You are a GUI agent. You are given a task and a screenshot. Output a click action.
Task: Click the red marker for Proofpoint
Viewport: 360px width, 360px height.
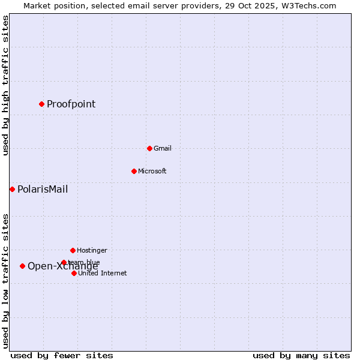[x=41, y=104]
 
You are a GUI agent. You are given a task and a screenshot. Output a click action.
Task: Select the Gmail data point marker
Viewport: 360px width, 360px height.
[x=149, y=148]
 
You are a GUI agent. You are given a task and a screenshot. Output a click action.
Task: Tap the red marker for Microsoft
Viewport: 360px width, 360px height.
[x=134, y=171]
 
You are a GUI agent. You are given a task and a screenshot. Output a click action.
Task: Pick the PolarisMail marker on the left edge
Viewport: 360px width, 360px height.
[x=12, y=189]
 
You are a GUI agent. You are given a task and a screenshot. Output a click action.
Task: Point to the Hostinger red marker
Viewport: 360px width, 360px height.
[x=73, y=250]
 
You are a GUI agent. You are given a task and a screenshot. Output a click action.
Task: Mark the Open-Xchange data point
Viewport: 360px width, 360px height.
[x=22, y=266]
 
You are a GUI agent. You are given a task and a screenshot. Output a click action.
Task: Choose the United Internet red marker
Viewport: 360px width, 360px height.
[x=74, y=273]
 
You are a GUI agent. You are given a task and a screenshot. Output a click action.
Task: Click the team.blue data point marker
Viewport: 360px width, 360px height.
[x=64, y=262]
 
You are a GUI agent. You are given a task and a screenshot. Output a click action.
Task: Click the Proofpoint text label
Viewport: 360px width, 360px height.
[x=71, y=104]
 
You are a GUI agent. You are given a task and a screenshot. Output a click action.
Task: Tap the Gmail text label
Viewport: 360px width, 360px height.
[x=162, y=148]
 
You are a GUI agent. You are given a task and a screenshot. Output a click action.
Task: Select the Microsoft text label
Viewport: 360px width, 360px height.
[x=152, y=171]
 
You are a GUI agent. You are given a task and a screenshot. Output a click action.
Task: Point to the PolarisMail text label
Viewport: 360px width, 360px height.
[x=43, y=189]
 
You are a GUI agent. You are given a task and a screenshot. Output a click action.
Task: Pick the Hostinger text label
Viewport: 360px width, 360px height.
[x=92, y=250]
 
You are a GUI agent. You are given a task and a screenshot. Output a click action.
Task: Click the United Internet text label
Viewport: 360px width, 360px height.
[x=102, y=273]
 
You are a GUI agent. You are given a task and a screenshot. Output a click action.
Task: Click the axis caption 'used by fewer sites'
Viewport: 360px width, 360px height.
[x=62, y=355]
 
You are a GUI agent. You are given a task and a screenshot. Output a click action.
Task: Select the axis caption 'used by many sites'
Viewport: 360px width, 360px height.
[x=301, y=355]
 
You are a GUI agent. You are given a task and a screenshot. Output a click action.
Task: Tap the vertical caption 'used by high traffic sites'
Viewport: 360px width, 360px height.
[x=5, y=85]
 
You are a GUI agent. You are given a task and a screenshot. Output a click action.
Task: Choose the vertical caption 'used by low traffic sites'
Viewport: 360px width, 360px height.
[x=5, y=281]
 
